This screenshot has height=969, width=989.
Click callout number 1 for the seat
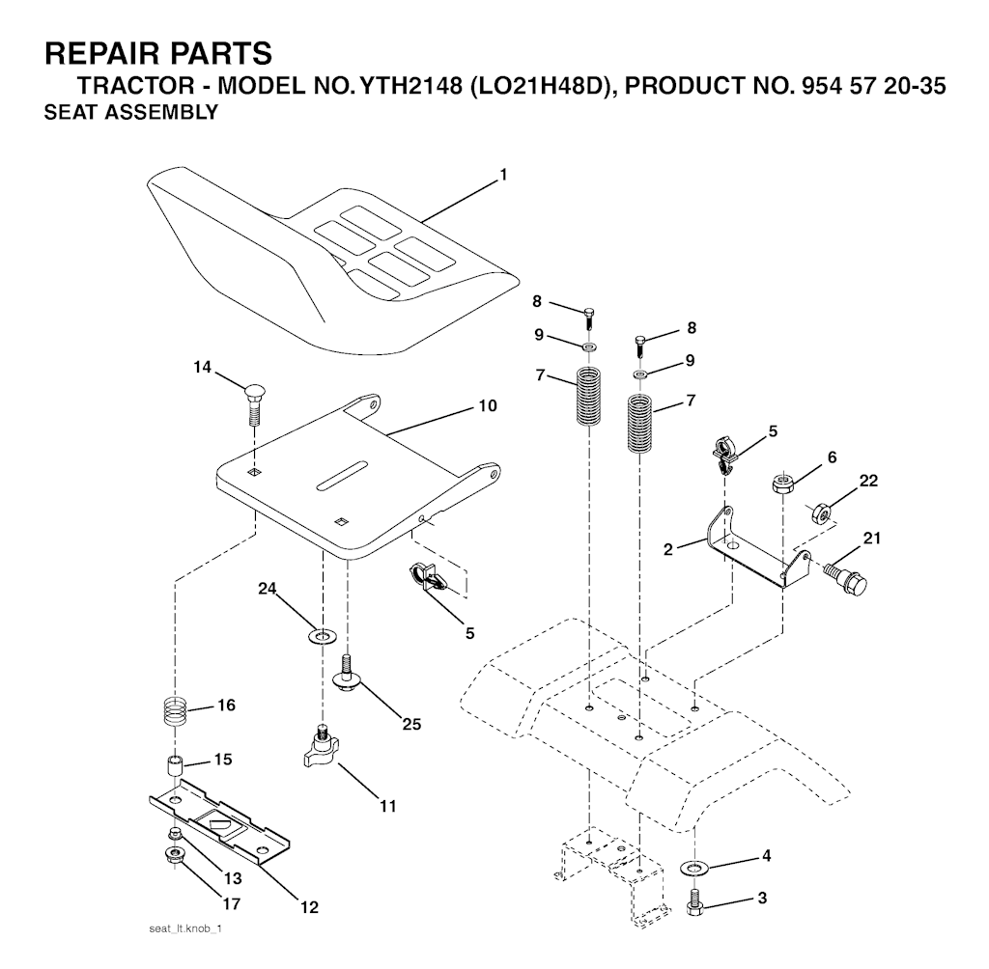(502, 175)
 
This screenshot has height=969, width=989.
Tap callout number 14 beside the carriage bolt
(203, 367)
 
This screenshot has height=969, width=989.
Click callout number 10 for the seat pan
(488, 405)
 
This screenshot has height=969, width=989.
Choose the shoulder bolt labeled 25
(345, 674)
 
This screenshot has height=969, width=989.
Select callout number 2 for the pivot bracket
(668, 549)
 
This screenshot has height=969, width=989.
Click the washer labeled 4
(695, 868)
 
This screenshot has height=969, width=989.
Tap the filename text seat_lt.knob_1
(185, 929)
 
